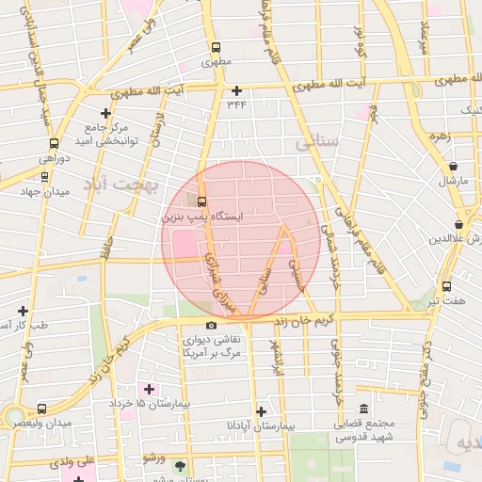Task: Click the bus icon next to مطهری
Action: click(216, 47)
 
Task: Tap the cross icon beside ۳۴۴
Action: click(236, 90)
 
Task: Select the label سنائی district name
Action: click(315, 143)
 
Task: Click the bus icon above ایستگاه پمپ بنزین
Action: click(201, 201)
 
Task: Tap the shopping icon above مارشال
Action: click(454, 166)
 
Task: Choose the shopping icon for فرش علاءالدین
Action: click(458, 225)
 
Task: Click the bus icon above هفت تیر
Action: click(446, 286)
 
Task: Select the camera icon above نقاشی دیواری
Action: click(211, 325)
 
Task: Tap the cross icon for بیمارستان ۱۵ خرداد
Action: click(149, 388)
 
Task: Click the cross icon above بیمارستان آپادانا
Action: click(261, 410)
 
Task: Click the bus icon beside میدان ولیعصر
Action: click(41, 410)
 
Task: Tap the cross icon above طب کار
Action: click(23, 310)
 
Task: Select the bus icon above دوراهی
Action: click(53, 145)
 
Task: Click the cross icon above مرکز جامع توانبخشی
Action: click(105, 113)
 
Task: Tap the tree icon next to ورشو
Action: click(180, 465)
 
